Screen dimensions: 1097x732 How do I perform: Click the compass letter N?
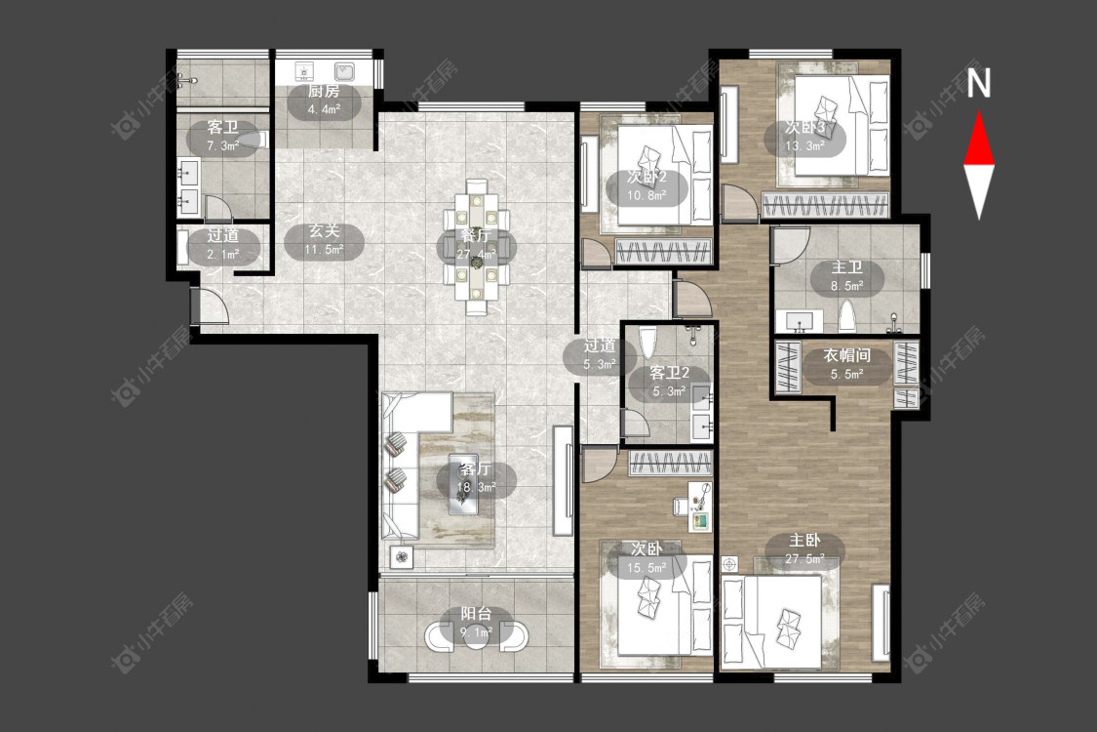click(979, 83)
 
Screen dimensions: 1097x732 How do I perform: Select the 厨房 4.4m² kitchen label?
click(324, 101)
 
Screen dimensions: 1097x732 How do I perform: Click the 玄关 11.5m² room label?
click(324, 239)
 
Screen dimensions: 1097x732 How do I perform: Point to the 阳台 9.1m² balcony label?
click(476, 623)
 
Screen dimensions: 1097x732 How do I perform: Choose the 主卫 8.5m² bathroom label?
click(846, 276)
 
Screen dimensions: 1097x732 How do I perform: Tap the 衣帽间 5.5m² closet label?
click(846, 364)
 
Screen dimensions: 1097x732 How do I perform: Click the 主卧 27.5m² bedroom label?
click(804, 549)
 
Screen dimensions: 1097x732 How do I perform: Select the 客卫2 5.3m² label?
click(670, 381)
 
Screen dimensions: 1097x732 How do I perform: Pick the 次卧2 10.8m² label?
click(646, 185)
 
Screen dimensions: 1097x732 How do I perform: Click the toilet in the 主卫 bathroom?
click(846, 316)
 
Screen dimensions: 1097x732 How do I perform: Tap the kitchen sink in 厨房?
click(344, 71)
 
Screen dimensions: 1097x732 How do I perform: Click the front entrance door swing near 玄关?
click(213, 306)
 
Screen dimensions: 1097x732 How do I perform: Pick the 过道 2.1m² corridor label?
click(223, 244)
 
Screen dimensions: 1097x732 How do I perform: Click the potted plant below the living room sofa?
click(402, 557)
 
